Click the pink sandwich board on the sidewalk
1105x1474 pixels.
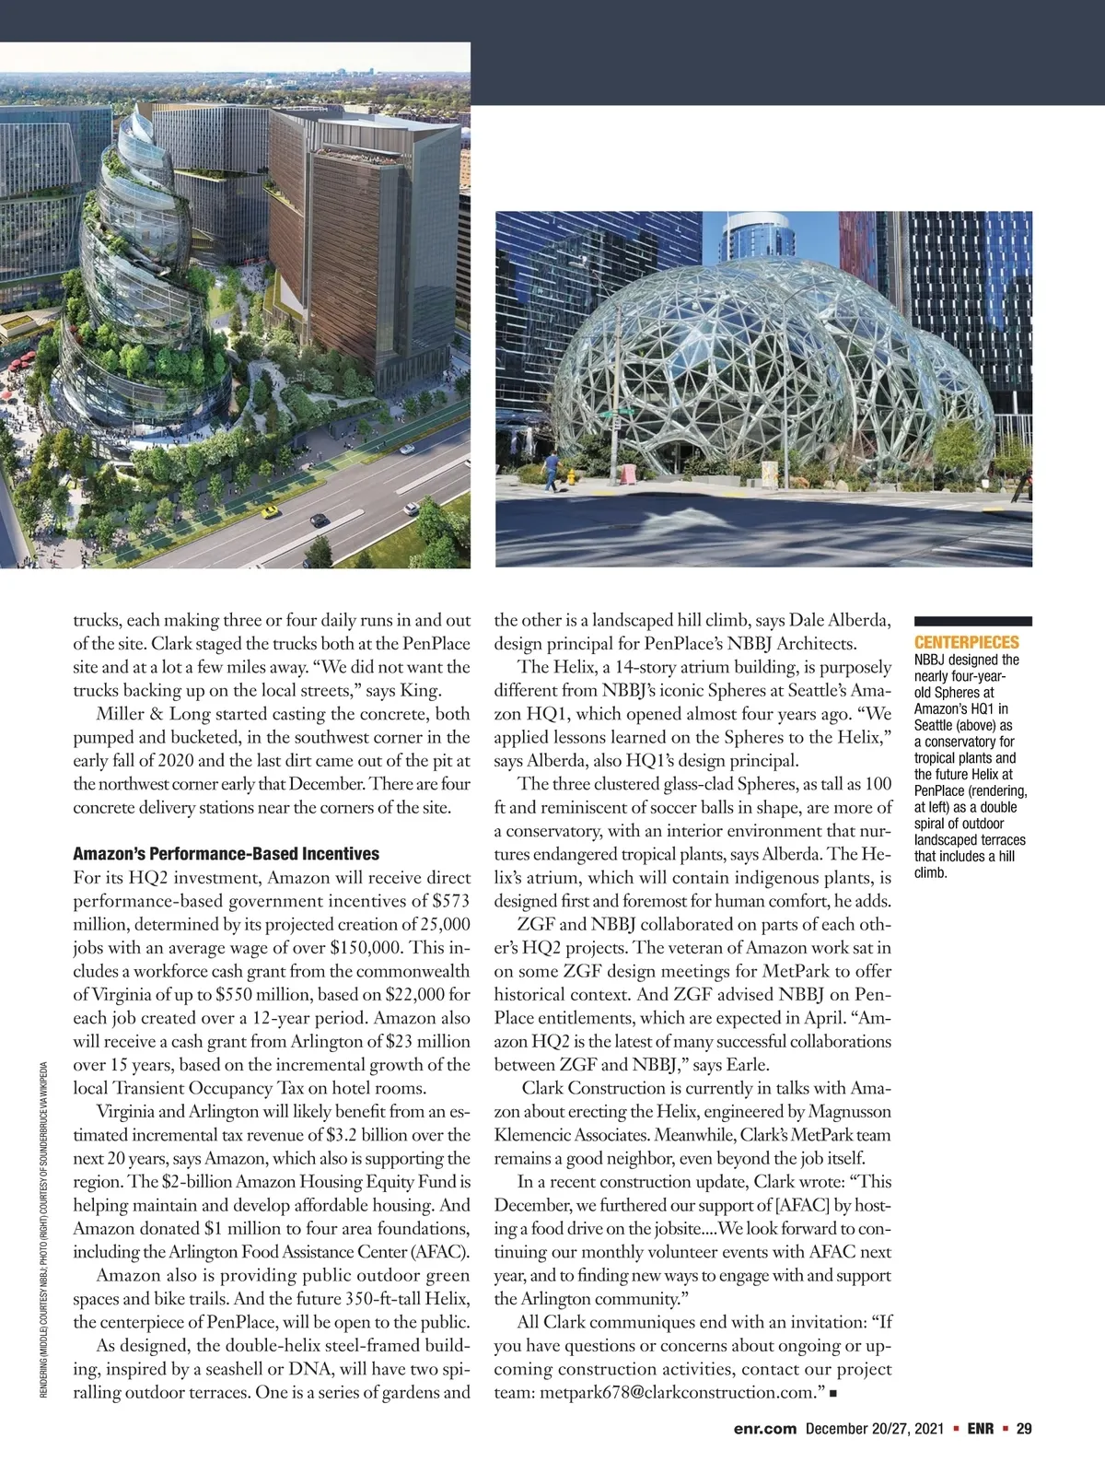pyautogui.click(x=629, y=473)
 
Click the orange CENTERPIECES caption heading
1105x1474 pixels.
pyautogui.click(x=966, y=642)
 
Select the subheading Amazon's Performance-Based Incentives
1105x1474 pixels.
pyautogui.click(x=226, y=854)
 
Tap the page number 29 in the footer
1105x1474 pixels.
pyautogui.click(x=1023, y=1429)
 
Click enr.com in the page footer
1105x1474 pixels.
pyautogui.click(x=764, y=1429)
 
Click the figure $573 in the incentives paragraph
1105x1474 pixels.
pyautogui.click(x=451, y=901)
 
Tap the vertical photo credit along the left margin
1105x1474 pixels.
pyautogui.click(x=44, y=1234)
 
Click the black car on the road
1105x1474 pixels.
pyautogui.click(x=320, y=521)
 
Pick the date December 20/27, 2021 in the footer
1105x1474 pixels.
pyautogui.click(x=875, y=1429)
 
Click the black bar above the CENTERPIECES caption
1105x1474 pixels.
pyautogui.click(x=972, y=622)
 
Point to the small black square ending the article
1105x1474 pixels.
pyautogui.click(x=832, y=1394)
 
